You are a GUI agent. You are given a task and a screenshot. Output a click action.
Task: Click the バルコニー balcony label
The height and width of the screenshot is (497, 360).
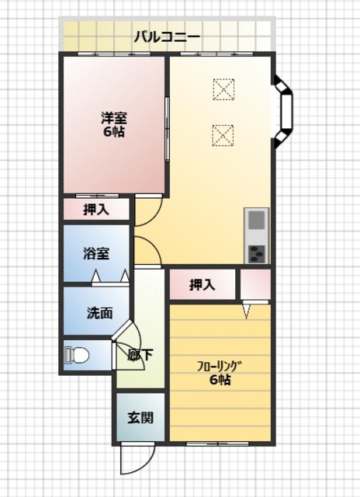[167, 36]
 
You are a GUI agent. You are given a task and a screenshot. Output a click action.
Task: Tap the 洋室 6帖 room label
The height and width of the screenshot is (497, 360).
[114, 125]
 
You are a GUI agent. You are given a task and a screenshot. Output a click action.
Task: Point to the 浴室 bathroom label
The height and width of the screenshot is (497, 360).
[96, 254]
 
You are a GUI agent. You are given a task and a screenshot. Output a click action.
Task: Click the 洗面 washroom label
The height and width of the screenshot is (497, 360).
[100, 313]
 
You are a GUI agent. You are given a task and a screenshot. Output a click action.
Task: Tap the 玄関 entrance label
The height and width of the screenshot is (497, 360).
[140, 418]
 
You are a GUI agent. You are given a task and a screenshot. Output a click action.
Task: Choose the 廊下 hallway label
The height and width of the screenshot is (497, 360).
[140, 355]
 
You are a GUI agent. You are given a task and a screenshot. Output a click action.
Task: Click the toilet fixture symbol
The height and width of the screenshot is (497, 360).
[77, 355]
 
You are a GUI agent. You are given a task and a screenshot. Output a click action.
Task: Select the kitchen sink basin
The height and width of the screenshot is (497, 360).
[257, 220]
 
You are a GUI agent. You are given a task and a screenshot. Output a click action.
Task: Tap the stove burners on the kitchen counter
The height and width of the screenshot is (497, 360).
[257, 254]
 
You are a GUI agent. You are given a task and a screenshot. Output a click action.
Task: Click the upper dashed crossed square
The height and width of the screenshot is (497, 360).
[223, 89]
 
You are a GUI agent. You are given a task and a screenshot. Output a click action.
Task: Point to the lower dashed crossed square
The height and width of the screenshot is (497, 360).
[223, 136]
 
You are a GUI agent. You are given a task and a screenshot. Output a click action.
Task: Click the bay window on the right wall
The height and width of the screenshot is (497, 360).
[283, 112]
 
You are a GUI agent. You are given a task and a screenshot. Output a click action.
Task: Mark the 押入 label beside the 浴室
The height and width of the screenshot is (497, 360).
[96, 210]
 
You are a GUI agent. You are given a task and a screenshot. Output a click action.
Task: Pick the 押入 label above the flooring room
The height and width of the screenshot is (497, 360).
[202, 285]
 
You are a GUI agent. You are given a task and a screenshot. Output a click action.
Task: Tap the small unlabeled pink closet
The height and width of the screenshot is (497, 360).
[255, 284]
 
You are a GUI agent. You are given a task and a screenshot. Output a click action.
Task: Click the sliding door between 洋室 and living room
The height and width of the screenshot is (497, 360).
[167, 129]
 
